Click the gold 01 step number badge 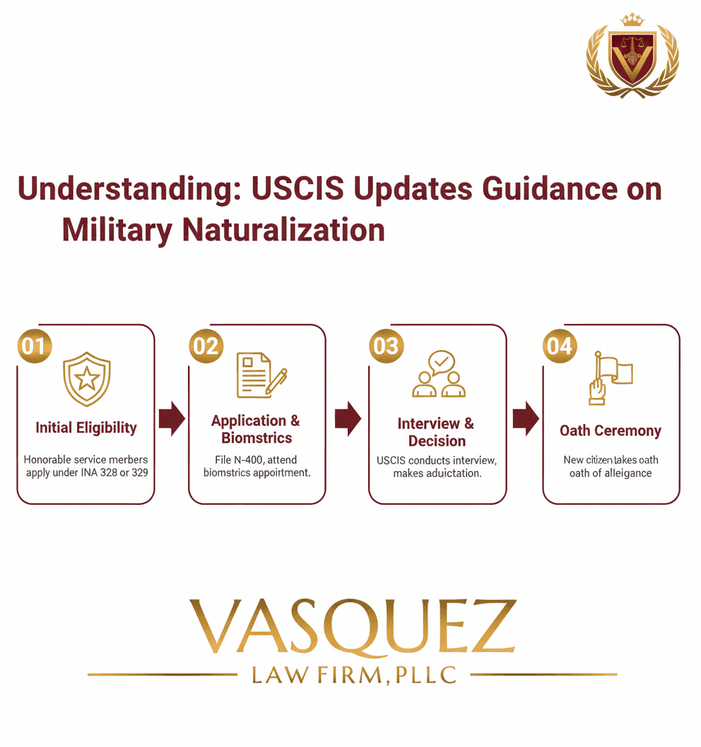pos(33,346)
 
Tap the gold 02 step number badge pos(206,346)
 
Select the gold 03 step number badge pos(386,346)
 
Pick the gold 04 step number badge pos(560,346)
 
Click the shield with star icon pos(86,379)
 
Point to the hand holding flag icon pos(609,378)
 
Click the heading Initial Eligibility pos(86,428)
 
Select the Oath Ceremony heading pos(611,431)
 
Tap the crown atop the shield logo pos(632,20)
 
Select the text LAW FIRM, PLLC pos(353,676)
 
